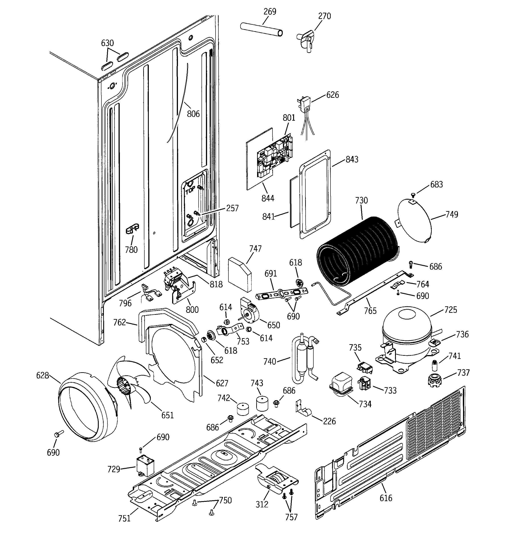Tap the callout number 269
270,12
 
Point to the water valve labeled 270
306,40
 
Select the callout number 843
352,159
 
